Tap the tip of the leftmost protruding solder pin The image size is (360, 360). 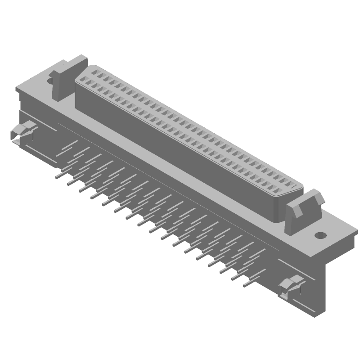[57, 177]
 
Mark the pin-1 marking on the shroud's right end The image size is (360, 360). [294, 186]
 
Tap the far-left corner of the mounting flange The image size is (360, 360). [17, 89]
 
